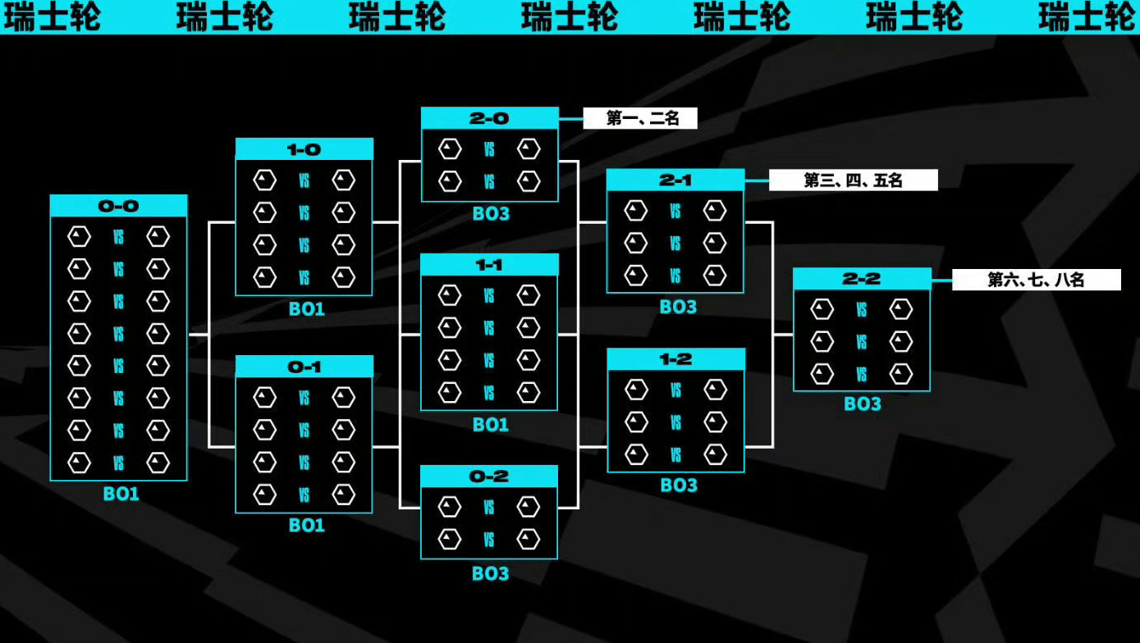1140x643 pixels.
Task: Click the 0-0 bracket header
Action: (x=118, y=206)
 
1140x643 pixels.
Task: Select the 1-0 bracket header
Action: (x=304, y=149)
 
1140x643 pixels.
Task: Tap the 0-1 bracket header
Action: (x=304, y=367)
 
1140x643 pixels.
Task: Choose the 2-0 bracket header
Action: (x=490, y=119)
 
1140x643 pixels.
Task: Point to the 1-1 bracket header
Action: (x=490, y=265)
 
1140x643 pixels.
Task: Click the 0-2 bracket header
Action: (x=490, y=477)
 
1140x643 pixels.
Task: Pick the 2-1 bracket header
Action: (x=675, y=180)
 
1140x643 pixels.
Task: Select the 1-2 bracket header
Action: (x=675, y=360)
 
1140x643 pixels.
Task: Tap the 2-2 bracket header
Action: (x=862, y=279)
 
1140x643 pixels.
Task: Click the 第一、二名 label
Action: (x=640, y=119)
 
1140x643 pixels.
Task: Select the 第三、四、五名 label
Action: (x=854, y=180)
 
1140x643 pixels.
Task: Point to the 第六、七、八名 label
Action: (x=1037, y=280)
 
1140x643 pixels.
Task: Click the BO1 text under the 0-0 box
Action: (x=121, y=494)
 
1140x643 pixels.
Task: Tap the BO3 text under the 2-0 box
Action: (x=491, y=214)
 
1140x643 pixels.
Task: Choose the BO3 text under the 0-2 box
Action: (x=491, y=574)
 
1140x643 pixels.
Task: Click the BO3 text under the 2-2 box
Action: (x=863, y=404)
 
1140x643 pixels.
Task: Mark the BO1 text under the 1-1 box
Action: (x=491, y=425)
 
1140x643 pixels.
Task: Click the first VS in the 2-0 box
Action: (x=489, y=149)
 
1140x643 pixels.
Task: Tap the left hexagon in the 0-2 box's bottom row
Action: (x=450, y=539)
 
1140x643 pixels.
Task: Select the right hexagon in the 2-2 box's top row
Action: (x=901, y=309)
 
